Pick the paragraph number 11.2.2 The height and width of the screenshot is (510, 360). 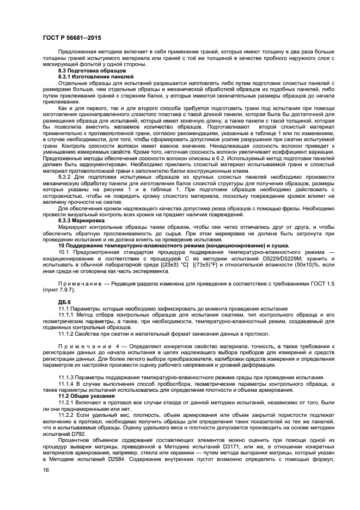coord(66,415)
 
